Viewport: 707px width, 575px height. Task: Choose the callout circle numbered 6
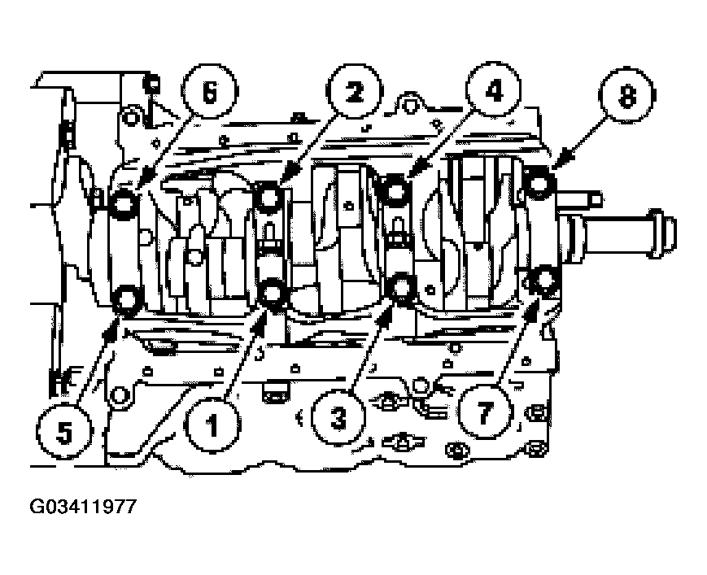[208, 94]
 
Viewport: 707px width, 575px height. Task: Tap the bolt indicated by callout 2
[269, 196]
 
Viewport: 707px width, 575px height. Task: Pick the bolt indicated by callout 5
[126, 301]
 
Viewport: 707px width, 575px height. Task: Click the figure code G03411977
[83, 507]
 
